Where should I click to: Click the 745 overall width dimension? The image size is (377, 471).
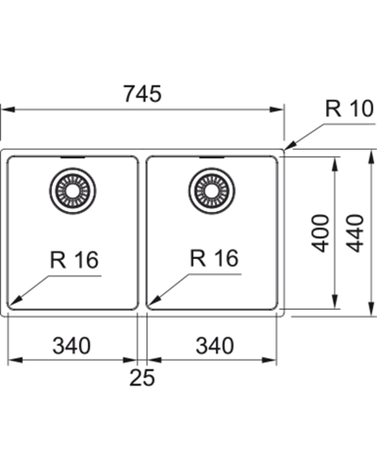click(142, 93)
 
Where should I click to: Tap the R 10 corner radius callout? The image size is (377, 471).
click(350, 108)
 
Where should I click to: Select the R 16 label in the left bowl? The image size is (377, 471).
click(74, 260)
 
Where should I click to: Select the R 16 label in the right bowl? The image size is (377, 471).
click(214, 258)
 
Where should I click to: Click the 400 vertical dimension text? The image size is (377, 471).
click(321, 233)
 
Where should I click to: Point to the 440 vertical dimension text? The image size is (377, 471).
click(356, 233)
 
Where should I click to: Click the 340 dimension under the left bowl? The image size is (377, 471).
click(72, 346)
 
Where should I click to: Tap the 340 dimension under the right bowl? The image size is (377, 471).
click(215, 346)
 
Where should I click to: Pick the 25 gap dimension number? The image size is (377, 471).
click(142, 378)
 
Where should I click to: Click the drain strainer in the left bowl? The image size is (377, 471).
click(73, 191)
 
